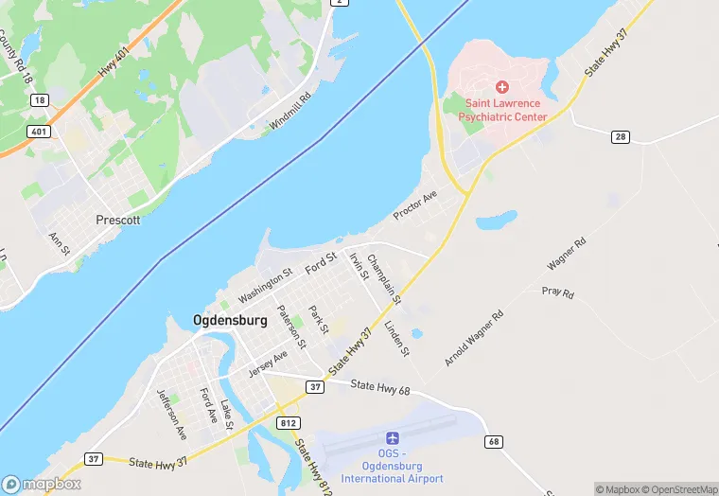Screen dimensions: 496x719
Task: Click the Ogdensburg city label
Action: point(230,320)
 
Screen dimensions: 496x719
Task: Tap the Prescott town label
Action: point(118,220)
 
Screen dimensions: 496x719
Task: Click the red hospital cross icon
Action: point(502,87)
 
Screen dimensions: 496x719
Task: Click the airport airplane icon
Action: point(393,438)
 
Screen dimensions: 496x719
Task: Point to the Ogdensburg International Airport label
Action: point(393,465)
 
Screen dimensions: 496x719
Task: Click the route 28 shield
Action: point(621,138)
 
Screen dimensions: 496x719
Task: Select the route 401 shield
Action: point(39,132)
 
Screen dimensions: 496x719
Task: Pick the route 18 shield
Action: point(39,99)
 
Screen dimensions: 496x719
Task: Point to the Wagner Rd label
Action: point(567,254)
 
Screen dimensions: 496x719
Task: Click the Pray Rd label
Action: point(557,293)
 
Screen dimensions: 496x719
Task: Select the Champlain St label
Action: point(385,279)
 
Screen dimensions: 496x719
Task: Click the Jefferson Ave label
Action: point(172,416)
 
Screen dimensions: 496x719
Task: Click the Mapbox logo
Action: point(42,484)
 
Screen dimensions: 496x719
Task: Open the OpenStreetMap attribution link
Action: point(678,489)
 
